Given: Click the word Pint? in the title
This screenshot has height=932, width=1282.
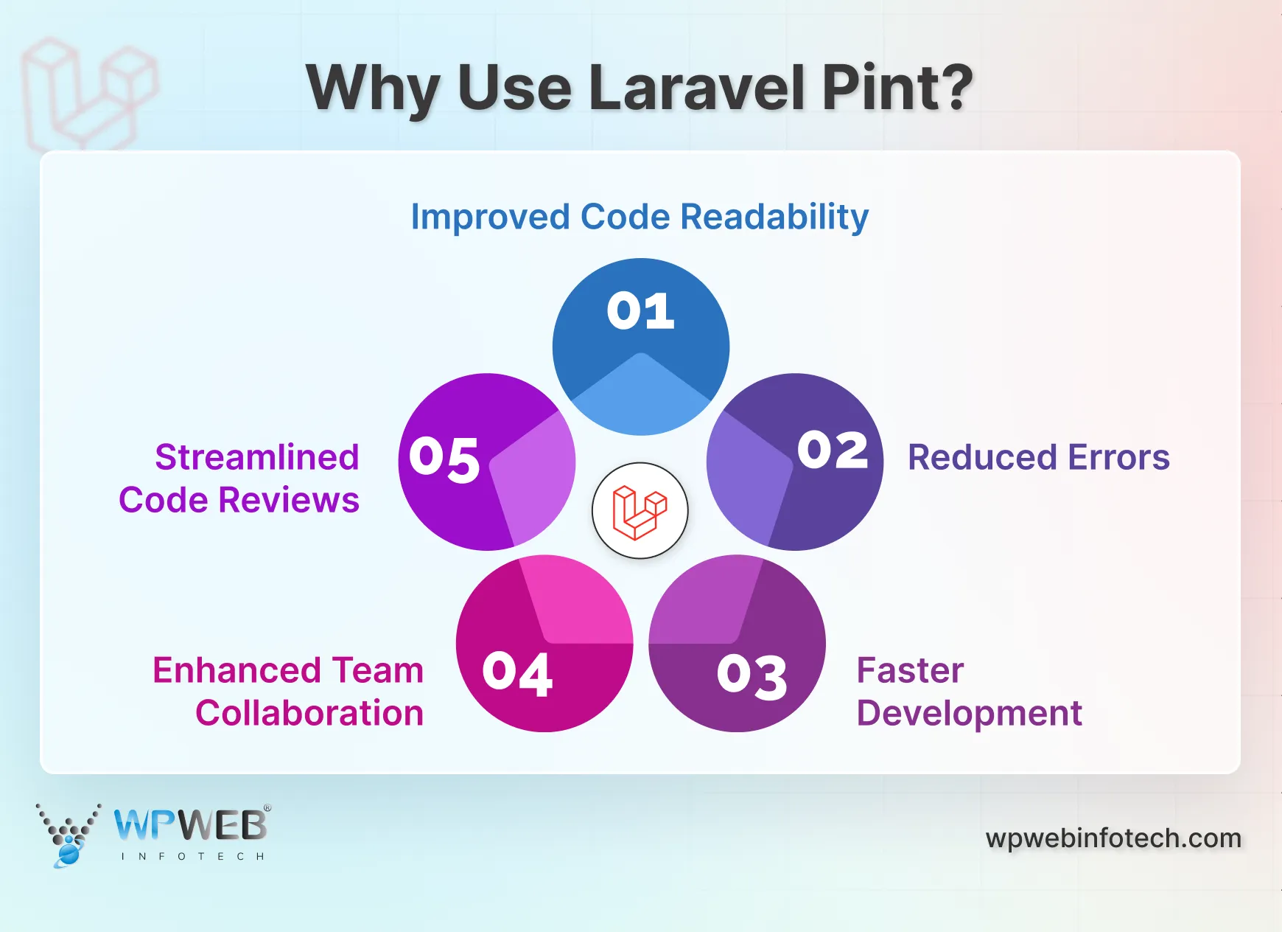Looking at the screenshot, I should [x=897, y=88].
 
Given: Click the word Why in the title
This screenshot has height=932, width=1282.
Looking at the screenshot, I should [x=373, y=89].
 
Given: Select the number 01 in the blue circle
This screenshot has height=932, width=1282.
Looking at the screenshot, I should [x=640, y=311].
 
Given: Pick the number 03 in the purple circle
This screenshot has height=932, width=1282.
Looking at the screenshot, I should [x=752, y=676].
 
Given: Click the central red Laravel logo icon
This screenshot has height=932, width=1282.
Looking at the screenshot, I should [x=640, y=511].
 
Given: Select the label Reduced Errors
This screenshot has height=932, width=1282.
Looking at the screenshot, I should [x=1038, y=457].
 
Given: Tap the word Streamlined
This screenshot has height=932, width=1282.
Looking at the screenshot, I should [x=257, y=457].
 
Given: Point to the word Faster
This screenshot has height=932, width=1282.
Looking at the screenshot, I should [x=910, y=671].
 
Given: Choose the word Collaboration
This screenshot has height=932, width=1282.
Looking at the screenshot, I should [x=309, y=714].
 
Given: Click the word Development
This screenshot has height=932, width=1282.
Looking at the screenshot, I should [x=969, y=714].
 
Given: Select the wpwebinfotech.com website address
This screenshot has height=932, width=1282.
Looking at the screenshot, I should [x=1113, y=838].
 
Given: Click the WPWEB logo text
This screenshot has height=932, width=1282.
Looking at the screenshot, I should [x=191, y=825].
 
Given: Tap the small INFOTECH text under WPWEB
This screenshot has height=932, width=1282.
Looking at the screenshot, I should [x=192, y=857].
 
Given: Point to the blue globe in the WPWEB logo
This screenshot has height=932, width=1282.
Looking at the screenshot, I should [x=69, y=853].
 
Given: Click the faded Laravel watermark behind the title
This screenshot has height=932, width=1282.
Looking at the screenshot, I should [x=88, y=92].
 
